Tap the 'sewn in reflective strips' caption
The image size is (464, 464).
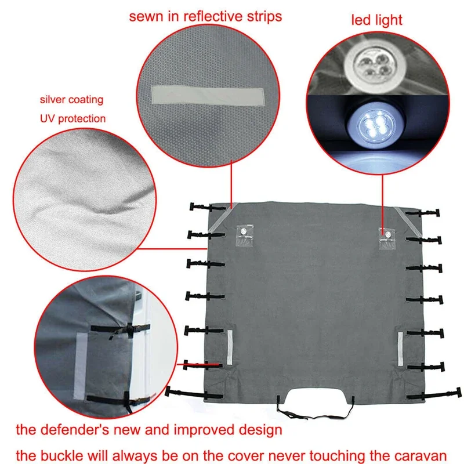(x=205, y=16)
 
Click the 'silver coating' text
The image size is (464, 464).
(x=72, y=100)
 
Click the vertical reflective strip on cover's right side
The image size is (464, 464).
(x=400, y=348)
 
